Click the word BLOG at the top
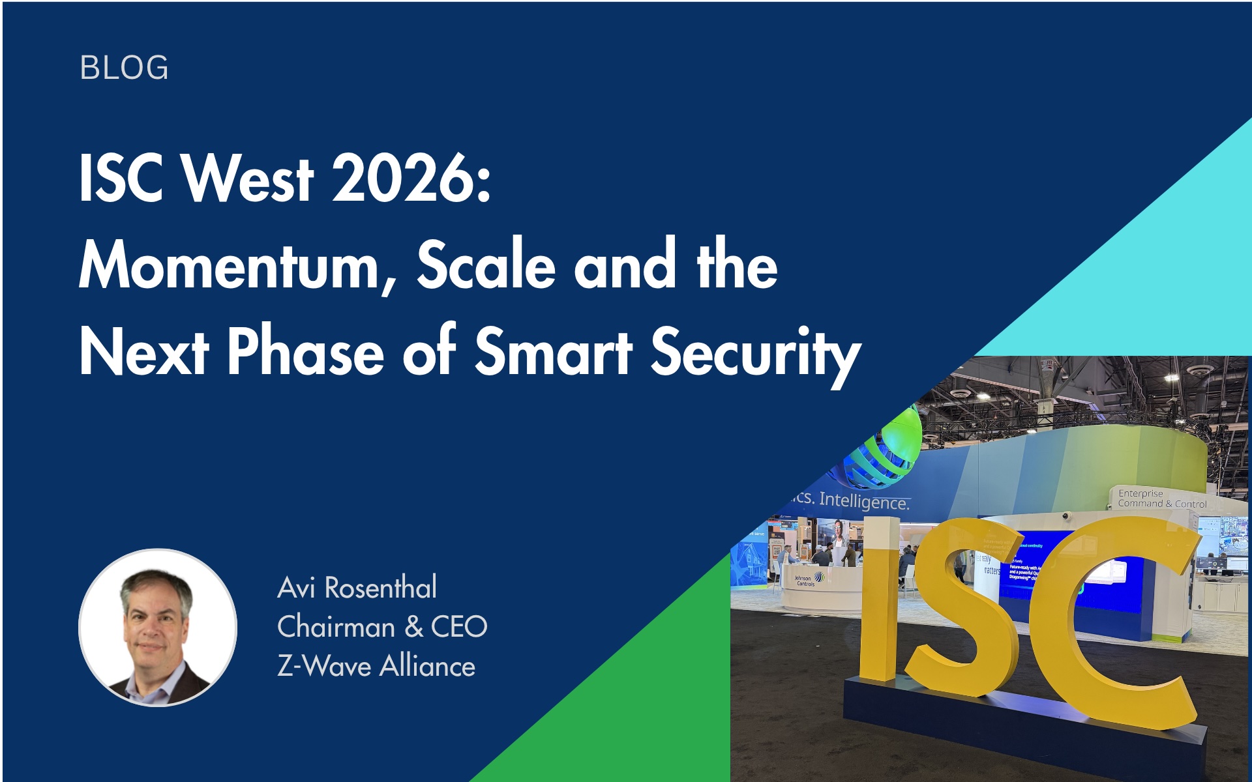click(124, 68)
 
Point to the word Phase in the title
click(305, 352)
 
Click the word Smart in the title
click(554, 352)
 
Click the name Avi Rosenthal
click(357, 588)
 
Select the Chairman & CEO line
click(382, 627)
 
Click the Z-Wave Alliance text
click(376, 667)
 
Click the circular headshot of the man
click(158, 628)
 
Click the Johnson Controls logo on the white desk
click(807, 579)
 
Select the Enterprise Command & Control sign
click(1162, 499)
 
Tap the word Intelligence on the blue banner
click(863, 500)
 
